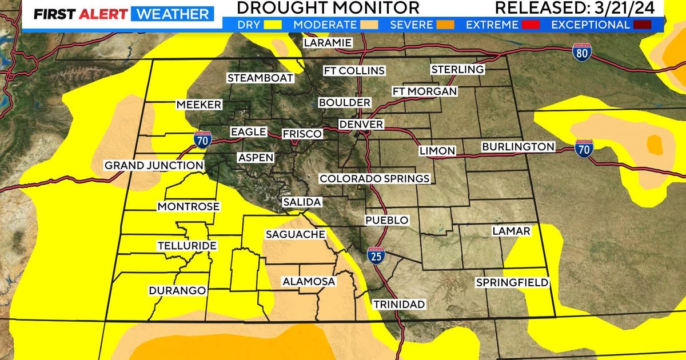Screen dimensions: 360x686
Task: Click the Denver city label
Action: pos(361,125)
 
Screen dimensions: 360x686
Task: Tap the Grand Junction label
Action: pos(154,166)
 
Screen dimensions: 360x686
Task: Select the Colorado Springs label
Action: pos(374,179)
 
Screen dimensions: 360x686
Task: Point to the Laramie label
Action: pos(328,43)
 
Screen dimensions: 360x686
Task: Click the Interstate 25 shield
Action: pos(376,256)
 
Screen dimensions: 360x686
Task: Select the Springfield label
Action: pos(512,283)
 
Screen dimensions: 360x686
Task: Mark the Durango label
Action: pos(177,291)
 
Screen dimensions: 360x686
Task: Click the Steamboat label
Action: pos(260,78)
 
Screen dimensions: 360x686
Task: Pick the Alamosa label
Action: pos(309,282)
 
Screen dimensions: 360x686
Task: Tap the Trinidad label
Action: pos(399,305)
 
